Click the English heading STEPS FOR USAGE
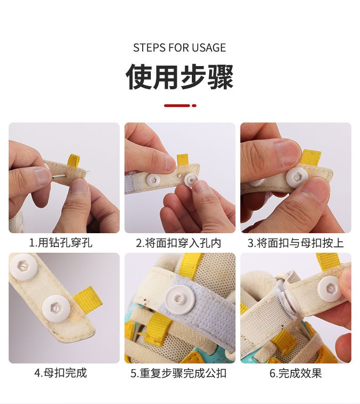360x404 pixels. tap(180, 48)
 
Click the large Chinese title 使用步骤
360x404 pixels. tap(180, 77)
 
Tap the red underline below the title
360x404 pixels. tap(180, 106)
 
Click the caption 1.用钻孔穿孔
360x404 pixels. tap(61, 243)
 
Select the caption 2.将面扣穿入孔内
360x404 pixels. tap(179, 243)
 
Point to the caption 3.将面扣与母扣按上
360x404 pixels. tap(296, 243)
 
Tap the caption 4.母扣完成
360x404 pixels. tap(61, 373)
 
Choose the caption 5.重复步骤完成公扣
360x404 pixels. tap(179, 373)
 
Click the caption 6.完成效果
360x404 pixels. tap(296, 373)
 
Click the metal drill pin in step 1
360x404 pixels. tap(59, 176)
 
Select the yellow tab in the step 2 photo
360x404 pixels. tap(182, 160)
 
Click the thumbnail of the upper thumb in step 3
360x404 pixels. tap(288, 153)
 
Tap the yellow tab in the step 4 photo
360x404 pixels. tap(87, 298)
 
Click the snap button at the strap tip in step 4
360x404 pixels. tap(56, 309)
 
